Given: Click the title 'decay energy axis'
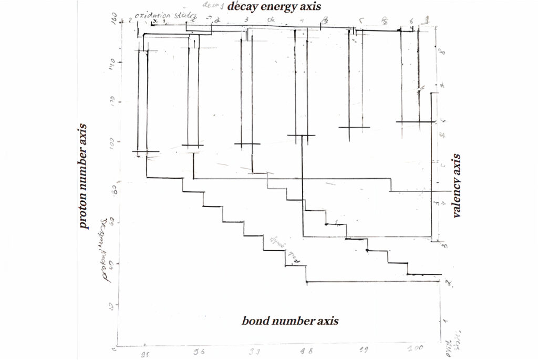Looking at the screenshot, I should pyautogui.click(x=274, y=6).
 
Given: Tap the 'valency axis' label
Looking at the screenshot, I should pyautogui.click(x=456, y=186).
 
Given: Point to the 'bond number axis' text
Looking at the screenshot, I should pyautogui.click(x=290, y=321).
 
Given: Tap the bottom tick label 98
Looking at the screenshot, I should pyautogui.click(x=304, y=352).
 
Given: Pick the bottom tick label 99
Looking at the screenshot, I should pyautogui.click(x=363, y=350).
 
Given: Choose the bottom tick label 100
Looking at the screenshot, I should pyautogui.click(x=417, y=348).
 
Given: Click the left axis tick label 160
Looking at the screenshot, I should pyautogui.click(x=112, y=22).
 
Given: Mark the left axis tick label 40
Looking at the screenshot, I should pyautogui.click(x=112, y=264).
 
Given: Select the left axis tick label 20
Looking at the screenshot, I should pyautogui.click(x=112, y=305).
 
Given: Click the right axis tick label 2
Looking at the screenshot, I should pyautogui.click(x=446, y=283).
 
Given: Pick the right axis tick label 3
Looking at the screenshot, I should pyautogui.click(x=444, y=245).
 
